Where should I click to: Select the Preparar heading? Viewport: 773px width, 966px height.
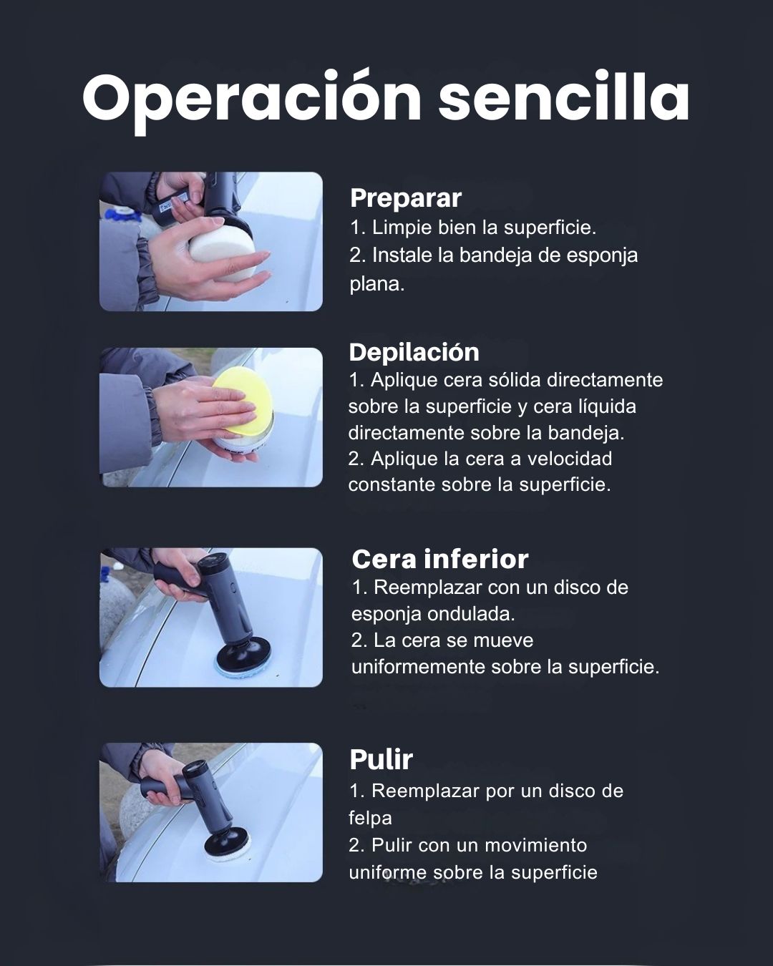click(406, 198)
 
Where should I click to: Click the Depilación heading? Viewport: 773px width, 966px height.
click(414, 352)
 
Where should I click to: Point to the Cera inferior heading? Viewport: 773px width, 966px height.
click(440, 560)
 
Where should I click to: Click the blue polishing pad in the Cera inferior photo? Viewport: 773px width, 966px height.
click(243, 669)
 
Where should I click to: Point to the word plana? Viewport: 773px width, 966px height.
click(377, 285)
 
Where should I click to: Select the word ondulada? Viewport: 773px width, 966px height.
click(471, 614)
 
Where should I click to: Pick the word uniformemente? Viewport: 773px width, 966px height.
click(418, 667)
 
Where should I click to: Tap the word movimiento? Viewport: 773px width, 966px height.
click(536, 846)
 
